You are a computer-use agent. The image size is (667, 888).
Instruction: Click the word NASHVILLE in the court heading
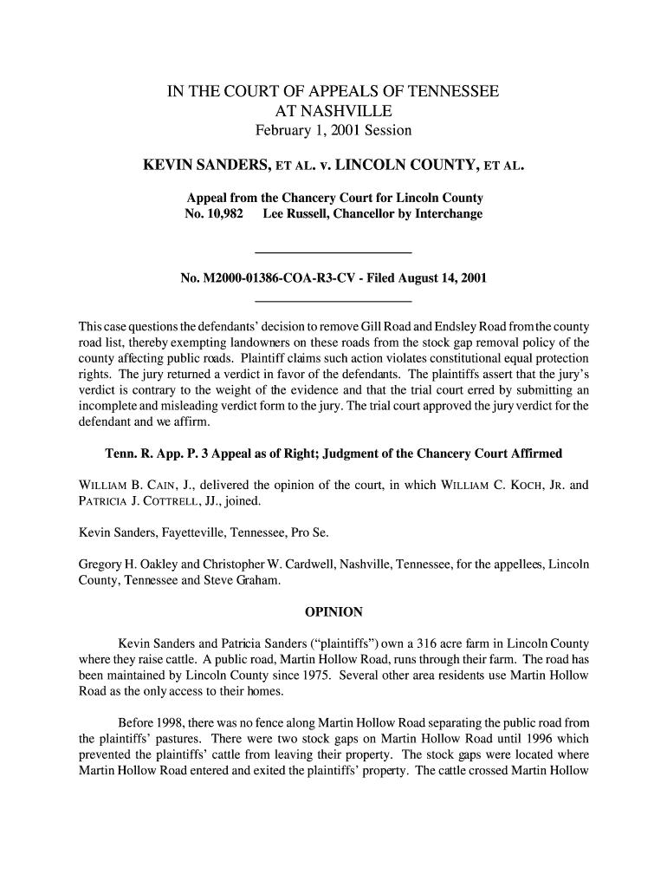click(x=333, y=111)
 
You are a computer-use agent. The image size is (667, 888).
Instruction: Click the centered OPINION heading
click(x=333, y=613)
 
